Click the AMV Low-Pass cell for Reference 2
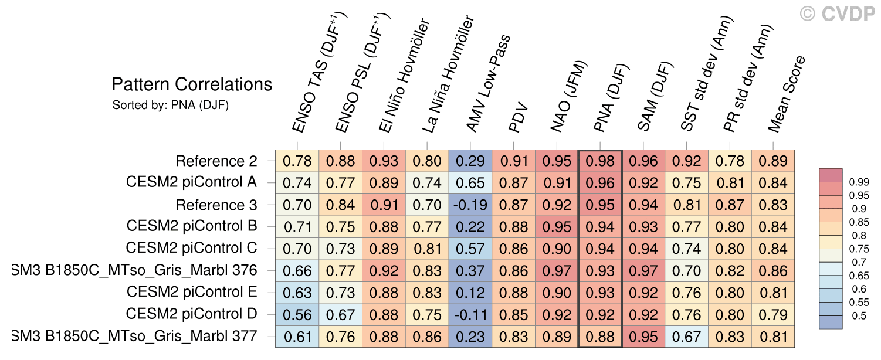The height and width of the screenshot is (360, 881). pyautogui.click(x=470, y=161)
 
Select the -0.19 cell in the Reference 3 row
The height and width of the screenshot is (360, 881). pyautogui.click(x=470, y=205)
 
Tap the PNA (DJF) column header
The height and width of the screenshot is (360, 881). pyautogui.click(x=611, y=99)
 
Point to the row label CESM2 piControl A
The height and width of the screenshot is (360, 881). pyautogui.click(x=191, y=182)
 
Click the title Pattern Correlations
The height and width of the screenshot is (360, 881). pyautogui.click(x=192, y=84)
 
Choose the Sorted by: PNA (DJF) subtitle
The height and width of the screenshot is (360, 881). pyautogui.click(x=170, y=106)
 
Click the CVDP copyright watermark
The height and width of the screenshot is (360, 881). pyautogui.click(x=838, y=14)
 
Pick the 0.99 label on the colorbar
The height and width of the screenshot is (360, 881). pyautogui.click(x=859, y=182)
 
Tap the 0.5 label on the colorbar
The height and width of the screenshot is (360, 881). pyautogui.click(x=859, y=315)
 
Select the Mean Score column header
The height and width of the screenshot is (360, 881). pyautogui.click(x=786, y=94)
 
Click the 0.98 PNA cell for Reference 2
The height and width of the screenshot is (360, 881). pyautogui.click(x=600, y=161)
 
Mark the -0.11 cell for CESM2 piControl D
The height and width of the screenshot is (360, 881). pyautogui.click(x=470, y=315)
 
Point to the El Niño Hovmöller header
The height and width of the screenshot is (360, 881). pyautogui.click(x=404, y=75)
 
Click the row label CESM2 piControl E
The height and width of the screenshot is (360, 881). pyautogui.click(x=192, y=292)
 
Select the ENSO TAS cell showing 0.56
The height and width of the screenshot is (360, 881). pyautogui.click(x=297, y=315)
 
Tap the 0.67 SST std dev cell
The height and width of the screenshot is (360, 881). pyautogui.click(x=687, y=337)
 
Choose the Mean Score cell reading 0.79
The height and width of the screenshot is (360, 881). pyautogui.click(x=773, y=315)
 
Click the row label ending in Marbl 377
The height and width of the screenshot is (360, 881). pyautogui.click(x=134, y=337)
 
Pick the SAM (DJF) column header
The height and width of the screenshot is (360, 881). pyautogui.click(x=655, y=97)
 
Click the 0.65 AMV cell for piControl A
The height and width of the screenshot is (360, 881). pyautogui.click(x=470, y=183)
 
